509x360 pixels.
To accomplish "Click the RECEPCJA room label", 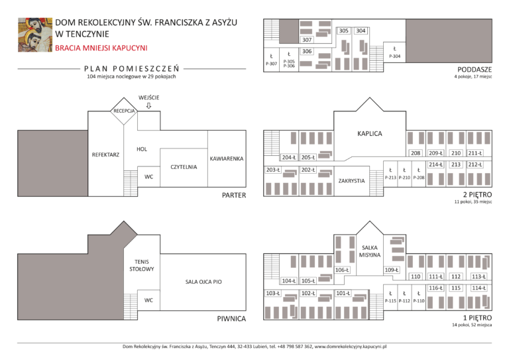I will (124, 111).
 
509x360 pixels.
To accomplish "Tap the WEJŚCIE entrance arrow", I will (148, 105).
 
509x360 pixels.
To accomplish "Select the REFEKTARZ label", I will (105, 154).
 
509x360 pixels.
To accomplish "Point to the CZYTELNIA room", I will (184, 167).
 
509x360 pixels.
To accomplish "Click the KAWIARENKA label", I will (227, 159).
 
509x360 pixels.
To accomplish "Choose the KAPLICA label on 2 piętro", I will (369, 134).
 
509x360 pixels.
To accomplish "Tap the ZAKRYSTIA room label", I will (351, 180).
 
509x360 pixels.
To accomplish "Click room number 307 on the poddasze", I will (307, 40).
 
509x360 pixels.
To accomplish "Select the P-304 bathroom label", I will (394, 56).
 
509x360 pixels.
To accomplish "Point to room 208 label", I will (416, 153).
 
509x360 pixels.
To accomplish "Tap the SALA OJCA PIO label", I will (203, 282).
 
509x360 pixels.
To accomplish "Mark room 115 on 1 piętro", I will (455, 288).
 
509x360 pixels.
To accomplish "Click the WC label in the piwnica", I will (148, 300).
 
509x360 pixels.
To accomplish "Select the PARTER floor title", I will (233, 195).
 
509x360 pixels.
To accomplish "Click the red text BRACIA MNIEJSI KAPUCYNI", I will (101, 48).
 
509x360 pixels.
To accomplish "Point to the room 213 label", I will (455, 164).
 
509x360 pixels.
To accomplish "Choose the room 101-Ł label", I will (343, 293).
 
